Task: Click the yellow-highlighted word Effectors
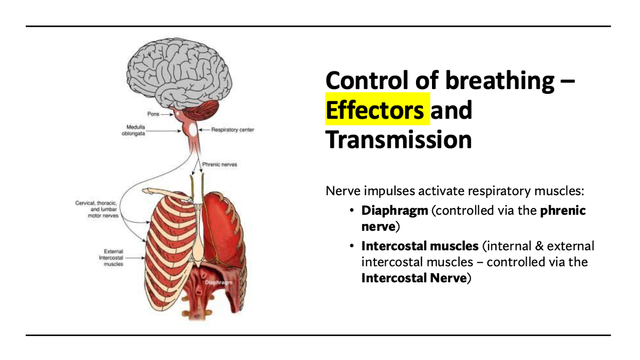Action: pyautogui.click(x=375, y=110)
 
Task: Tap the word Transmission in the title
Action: pyautogui.click(x=398, y=140)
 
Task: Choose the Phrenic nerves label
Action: pyautogui.click(x=219, y=165)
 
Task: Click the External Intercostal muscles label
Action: pyautogui.click(x=114, y=258)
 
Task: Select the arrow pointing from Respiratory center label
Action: pyautogui.click(x=203, y=130)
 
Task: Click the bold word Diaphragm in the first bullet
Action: pyautogui.click(x=395, y=211)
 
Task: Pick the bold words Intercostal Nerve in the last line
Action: pyautogui.click(x=414, y=278)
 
